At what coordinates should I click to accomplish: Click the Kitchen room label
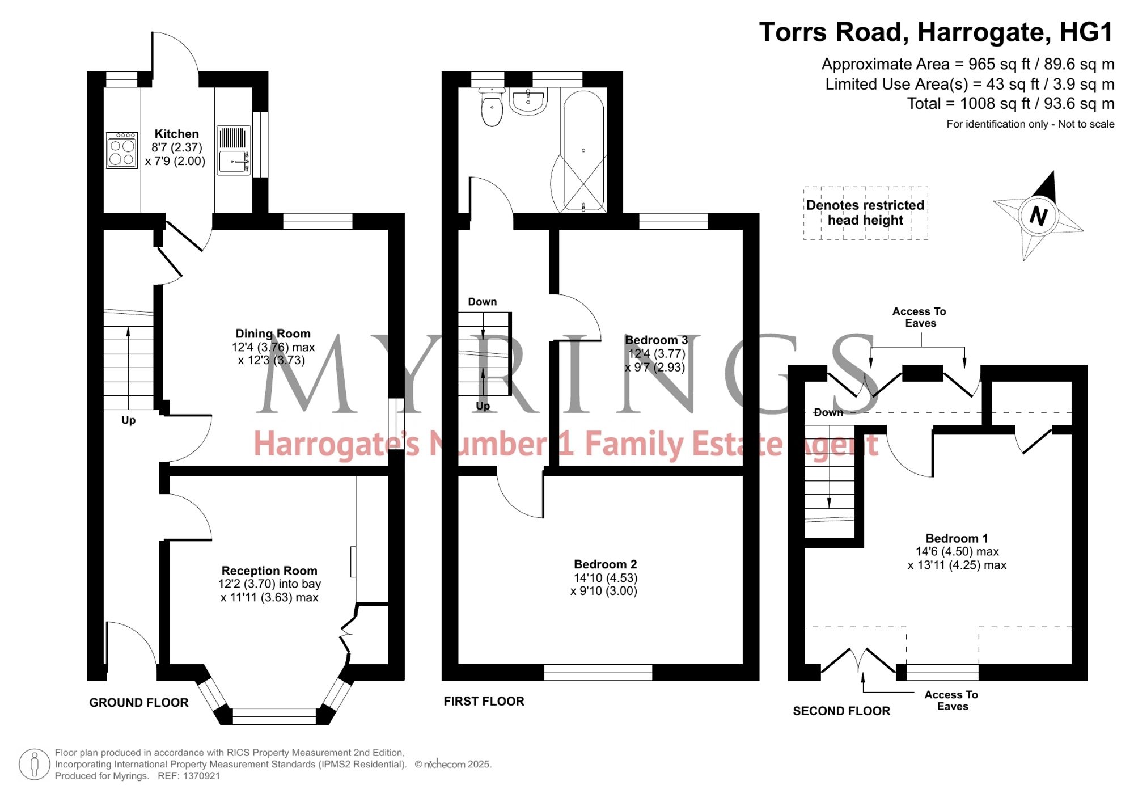click(x=176, y=134)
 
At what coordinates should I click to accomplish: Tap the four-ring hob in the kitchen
click(x=122, y=150)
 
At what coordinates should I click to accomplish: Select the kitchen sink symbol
click(x=234, y=150)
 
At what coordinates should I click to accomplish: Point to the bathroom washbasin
click(x=528, y=101)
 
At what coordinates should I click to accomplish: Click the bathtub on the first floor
click(x=583, y=150)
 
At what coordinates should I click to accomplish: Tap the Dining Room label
click(x=273, y=334)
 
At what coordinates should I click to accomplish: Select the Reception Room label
click(x=269, y=571)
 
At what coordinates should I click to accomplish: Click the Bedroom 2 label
click(x=605, y=564)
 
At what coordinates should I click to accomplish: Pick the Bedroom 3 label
click(x=656, y=340)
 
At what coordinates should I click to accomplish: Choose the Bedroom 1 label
click(x=957, y=538)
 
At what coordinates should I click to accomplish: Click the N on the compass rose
click(x=1038, y=216)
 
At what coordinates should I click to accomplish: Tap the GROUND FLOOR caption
click(x=138, y=702)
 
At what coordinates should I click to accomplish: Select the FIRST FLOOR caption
click(x=484, y=701)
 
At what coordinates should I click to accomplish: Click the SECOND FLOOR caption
click(x=841, y=711)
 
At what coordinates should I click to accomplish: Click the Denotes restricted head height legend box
click(x=865, y=213)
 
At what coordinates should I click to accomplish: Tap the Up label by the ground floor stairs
click(x=129, y=420)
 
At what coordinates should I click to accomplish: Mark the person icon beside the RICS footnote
click(x=35, y=764)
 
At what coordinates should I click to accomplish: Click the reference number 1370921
click(x=201, y=776)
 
